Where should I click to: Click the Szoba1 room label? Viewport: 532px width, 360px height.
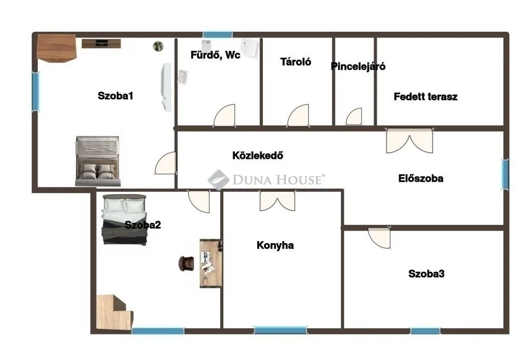tap(116, 96)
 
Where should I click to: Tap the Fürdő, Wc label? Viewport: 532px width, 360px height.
tap(215, 55)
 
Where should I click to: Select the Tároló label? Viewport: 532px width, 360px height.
tap(296, 61)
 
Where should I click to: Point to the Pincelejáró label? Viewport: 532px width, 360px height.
tap(358, 66)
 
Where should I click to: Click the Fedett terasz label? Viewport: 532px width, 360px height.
tap(425, 97)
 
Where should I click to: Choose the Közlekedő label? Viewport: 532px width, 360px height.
tap(258, 155)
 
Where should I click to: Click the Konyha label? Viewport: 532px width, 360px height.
tap(275, 245)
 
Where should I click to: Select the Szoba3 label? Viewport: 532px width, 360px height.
tap(426, 274)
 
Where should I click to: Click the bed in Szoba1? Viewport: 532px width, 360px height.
tap(98, 161)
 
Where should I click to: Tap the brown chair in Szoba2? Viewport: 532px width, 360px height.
tap(185, 263)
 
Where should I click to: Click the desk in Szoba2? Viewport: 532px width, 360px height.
tap(211, 263)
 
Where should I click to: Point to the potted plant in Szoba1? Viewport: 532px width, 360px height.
tap(158, 46)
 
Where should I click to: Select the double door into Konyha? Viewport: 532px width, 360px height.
tap(277, 201)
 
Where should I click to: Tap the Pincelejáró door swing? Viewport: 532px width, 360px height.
tap(355, 117)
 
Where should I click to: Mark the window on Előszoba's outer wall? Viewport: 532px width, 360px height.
tap(504, 175)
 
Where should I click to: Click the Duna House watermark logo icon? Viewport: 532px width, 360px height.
tap(219, 180)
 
